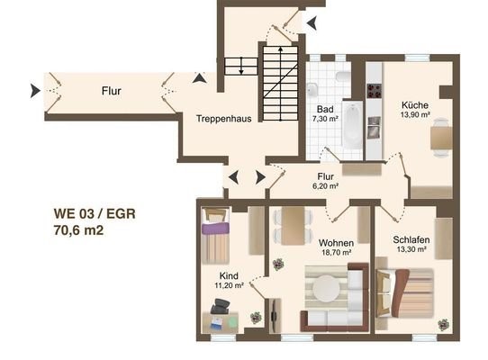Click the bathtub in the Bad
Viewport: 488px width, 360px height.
pyautogui.click(x=352, y=126)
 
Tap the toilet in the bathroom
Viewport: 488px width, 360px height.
pyautogui.click(x=343, y=76)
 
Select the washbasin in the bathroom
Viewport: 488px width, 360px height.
pyautogui.click(x=312, y=90)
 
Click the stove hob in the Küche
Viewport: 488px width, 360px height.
pyautogui.click(x=374, y=91)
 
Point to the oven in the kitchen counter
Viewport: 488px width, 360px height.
pyautogui.click(x=374, y=127)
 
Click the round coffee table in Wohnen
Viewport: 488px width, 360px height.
pyautogui.click(x=326, y=288)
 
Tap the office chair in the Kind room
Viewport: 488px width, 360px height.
pyautogui.click(x=221, y=306)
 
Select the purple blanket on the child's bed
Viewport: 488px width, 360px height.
pyautogui.click(x=215, y=228)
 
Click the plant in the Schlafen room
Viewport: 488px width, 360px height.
pyautogui.click(x=444, y=325)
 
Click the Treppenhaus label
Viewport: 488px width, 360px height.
pyautogui.click(x=224, y=119)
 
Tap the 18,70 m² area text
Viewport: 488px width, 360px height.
pyautogui.click(x=337, y=252)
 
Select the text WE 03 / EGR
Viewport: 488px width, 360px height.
pyautogui.click(x=95, y=214)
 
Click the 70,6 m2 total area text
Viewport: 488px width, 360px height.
pyautogui.click(x=78, y=230)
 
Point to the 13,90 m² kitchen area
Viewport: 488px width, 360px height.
pyautogui.click(x=415, y=114)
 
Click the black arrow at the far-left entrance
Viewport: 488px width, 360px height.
pyautogui.click(x=35, y=91)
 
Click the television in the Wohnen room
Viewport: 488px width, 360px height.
pyautogui.click(x=275, y=316)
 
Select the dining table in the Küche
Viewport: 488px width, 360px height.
pyautogui.click(x=441, y=138)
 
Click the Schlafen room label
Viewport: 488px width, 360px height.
pyautogui.click(x=411, y=240)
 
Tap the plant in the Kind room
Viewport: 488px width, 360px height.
pyautogui.click(x=256, y=318)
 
